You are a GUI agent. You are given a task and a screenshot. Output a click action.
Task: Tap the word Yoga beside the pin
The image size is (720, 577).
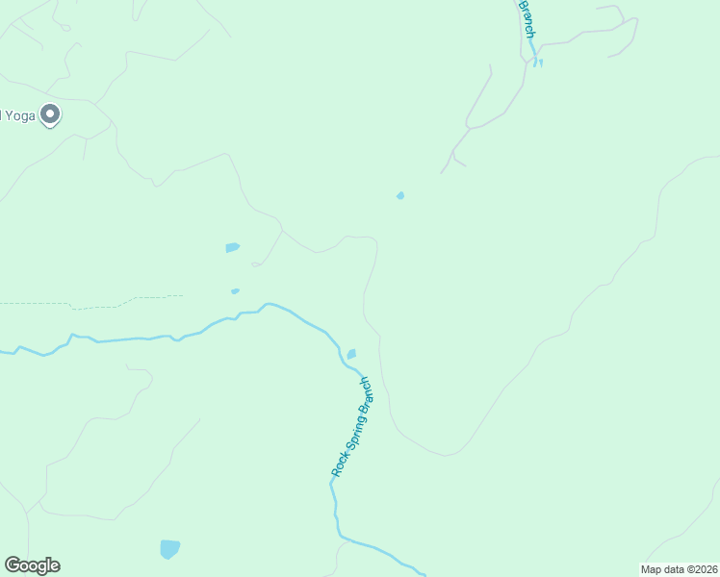(x=17, y=115)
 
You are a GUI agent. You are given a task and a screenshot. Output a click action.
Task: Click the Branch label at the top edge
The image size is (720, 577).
(x=527, y=17)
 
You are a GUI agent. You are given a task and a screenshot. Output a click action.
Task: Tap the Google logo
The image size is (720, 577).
(x=32, y=565)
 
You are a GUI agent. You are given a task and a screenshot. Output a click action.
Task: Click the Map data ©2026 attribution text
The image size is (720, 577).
(x=680, y=569)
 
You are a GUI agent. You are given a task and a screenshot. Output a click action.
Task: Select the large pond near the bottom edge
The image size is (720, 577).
(x=169, y=549)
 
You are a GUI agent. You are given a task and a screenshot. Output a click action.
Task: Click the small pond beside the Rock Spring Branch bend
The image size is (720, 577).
(x=351, y=354)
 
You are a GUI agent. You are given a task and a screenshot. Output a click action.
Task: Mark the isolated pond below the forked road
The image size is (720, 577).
(x=400, y=196)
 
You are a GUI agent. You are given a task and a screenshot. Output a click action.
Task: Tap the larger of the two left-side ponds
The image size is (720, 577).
(x=232, y=247)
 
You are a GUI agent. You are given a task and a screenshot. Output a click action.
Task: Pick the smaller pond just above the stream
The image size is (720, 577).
(x=235, y=290)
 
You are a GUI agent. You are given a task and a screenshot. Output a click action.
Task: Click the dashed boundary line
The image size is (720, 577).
(x=96, y=305)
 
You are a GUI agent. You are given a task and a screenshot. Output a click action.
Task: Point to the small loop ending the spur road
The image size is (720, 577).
(x=256, y=263)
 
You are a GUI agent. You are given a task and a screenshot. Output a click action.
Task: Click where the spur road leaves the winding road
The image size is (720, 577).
(x=282, y=231)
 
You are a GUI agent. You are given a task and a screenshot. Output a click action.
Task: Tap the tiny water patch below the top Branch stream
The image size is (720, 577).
(x=539, y=63)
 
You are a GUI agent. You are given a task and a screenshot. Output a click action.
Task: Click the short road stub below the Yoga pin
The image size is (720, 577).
(x=85, y=148)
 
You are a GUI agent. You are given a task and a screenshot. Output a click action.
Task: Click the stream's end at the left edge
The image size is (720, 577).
(x=5, y=351)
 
